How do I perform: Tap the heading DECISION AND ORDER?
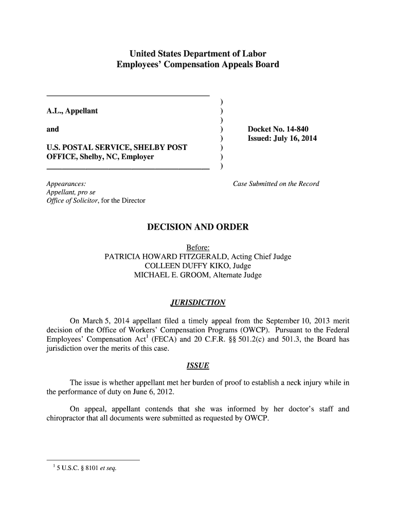coord(198,227)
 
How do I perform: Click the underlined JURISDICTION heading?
coord(198,302)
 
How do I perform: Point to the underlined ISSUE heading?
coord(197,366)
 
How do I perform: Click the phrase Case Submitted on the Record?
coord(276,184)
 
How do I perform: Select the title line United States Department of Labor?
coord(197,54)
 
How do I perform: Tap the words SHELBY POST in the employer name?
coord(161,148)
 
